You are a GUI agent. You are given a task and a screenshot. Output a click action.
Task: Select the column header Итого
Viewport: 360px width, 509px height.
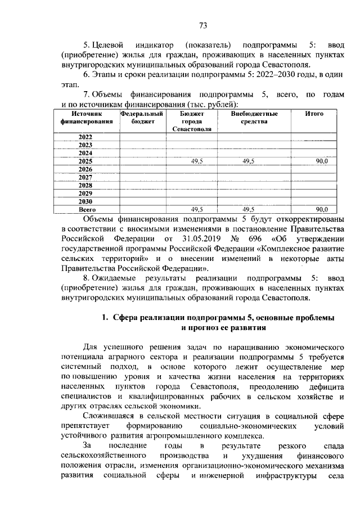point(314,113)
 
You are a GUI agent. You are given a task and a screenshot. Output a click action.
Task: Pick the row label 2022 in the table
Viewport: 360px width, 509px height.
point(85,137)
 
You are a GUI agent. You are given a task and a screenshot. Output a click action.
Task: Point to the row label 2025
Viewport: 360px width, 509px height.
point(85,161)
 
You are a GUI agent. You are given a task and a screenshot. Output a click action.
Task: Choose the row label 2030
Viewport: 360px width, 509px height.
point(85,201)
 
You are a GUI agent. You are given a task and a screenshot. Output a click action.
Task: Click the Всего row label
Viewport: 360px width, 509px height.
point(85,209)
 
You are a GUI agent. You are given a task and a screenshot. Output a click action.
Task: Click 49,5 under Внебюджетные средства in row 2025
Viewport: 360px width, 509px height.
point(248,161)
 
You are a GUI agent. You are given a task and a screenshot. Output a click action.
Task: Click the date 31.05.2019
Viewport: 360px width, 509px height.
point(181,238)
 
